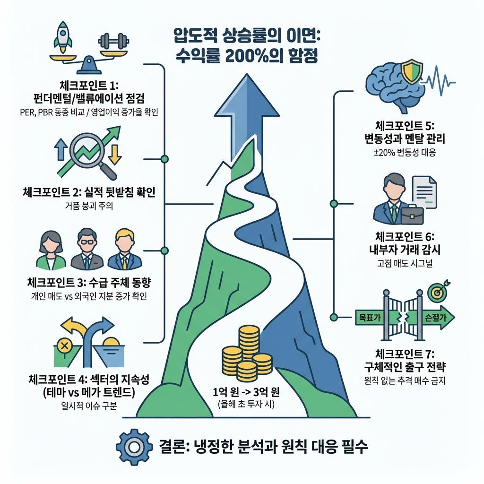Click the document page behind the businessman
point(427,192)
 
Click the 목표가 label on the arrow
point(370,318)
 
